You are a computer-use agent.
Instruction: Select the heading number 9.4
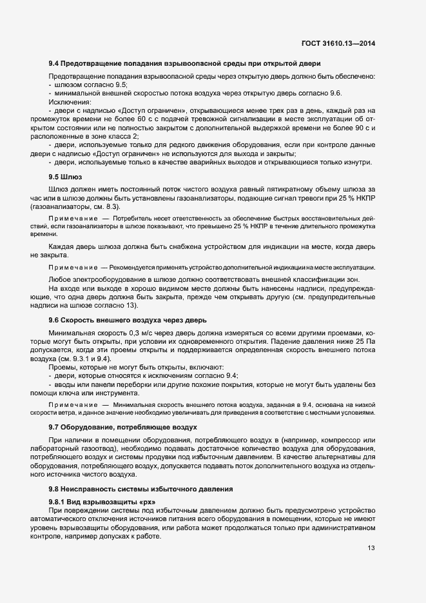point(54,63)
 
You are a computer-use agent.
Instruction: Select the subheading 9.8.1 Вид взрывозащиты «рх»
point(102,501)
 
